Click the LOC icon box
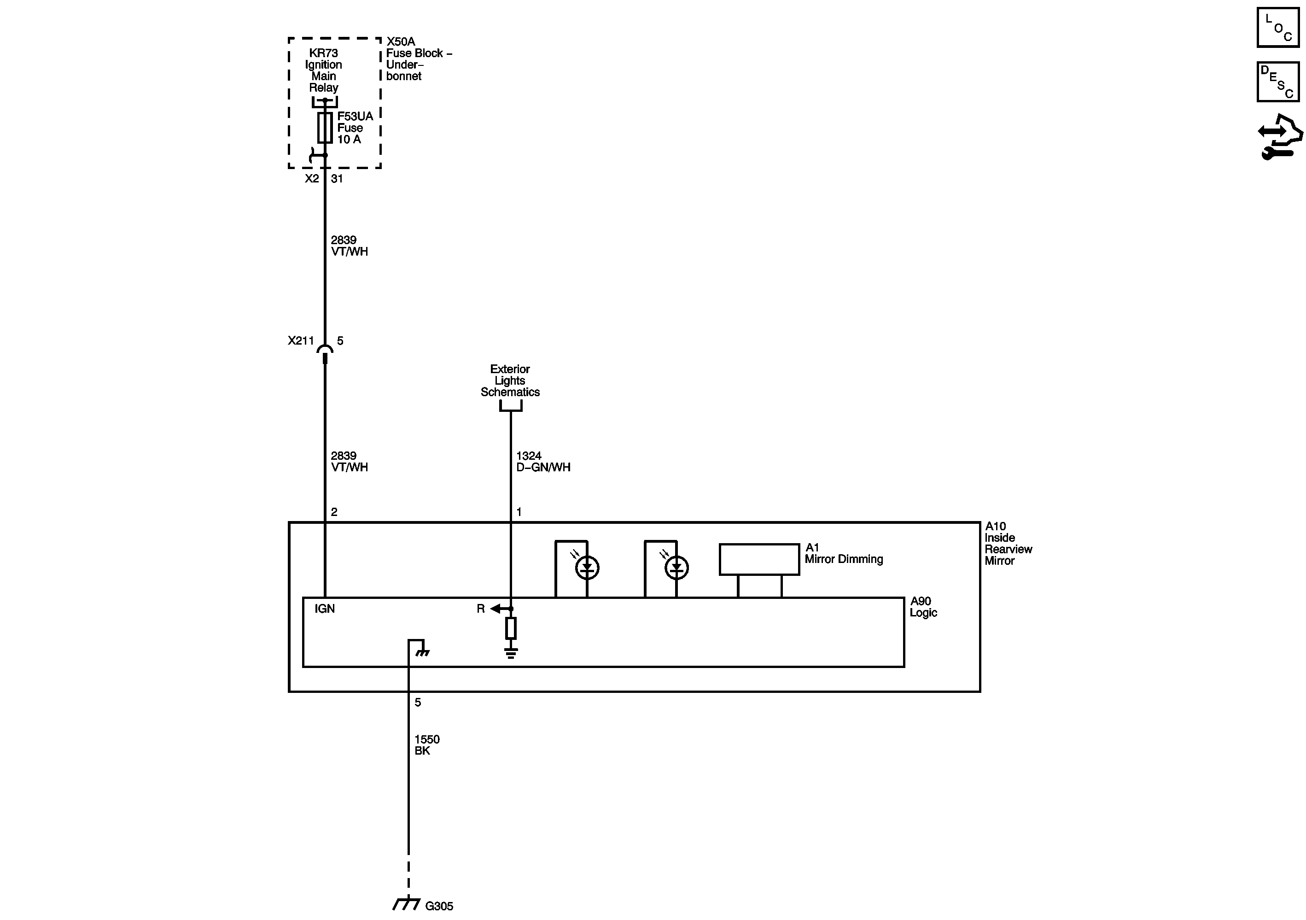coord(1277,27)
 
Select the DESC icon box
coord(1277,82)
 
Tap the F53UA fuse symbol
coord(325,128)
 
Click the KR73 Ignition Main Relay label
coord(323,70)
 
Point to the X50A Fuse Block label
coord(418,59)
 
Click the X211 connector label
coord(301,341)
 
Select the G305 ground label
coord(439,905)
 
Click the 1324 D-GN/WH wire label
coord(542,462)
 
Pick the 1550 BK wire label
coord(426,745)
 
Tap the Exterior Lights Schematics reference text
coord(510,381)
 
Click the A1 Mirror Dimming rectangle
coord(759,559)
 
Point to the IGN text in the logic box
coord(325,609)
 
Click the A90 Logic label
coord(923,607)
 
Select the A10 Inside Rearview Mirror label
coord(1008,543)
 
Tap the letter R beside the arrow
coord(481,609)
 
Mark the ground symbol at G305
coord(406,904)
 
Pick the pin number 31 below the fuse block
coord(337,179)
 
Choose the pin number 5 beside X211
coord(340,341)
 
